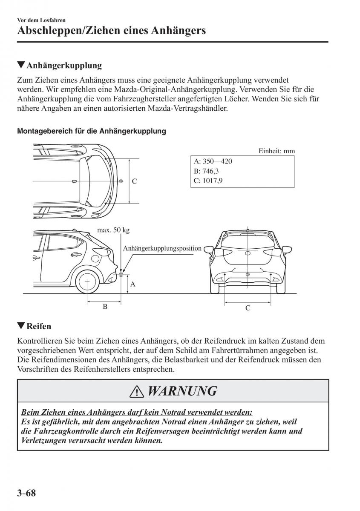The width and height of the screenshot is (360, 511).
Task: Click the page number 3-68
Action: pos(26,494)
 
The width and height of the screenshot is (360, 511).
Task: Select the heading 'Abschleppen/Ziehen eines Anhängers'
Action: pos(112,31)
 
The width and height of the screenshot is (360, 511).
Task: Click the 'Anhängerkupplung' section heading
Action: pos(64,66)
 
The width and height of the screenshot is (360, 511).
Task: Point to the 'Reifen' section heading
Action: pos(38,326)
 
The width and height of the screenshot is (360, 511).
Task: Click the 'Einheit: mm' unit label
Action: pos(276,151)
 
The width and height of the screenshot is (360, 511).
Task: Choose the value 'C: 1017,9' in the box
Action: pos(208,181)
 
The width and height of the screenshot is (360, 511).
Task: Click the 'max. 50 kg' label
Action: pos(113,230)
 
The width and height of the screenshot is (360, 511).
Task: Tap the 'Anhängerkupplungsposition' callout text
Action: pos(162,248)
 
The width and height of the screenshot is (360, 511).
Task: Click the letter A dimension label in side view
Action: pos(133,284)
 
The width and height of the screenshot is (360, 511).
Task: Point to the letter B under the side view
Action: pos(105,306)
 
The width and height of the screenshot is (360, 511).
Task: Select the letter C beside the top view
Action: pos(134,181)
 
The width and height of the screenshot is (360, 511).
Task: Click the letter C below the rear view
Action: pos(248,308)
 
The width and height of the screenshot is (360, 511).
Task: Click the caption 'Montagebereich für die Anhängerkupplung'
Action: pos(91,131)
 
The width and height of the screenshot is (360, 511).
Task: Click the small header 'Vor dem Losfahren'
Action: pos(41,20)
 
